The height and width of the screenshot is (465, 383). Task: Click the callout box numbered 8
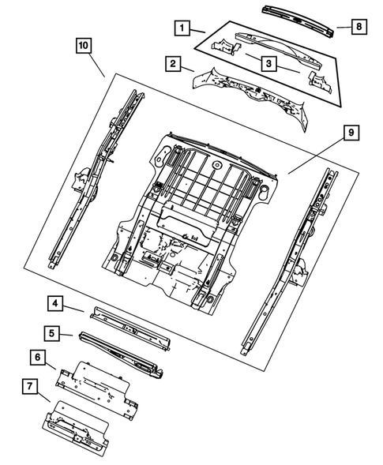point(358,28)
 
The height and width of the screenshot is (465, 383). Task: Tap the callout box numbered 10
point(83,46)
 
